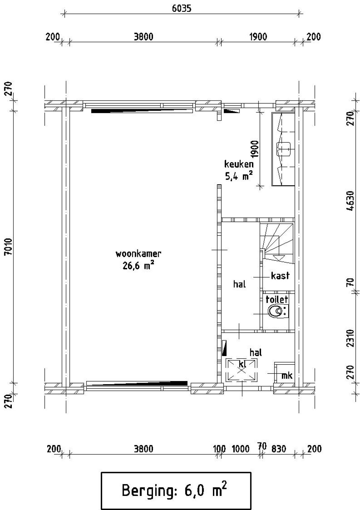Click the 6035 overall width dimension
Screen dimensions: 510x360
(x=181, y=8)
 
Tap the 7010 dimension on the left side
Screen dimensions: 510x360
(x=8, y=247)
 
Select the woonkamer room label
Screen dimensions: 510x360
(x=138, y=254)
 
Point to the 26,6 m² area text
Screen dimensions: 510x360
(x=138, y=265)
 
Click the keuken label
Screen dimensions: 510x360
(x=239, y=164)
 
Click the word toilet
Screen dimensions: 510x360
(x=277, y=299)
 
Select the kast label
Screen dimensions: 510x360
(x=280, y=276)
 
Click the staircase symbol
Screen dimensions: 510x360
(x=277, y=243)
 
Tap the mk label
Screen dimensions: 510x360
(x=287, y=375)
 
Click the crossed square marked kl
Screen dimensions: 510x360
(x=242, y=370)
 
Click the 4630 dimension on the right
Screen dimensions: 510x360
(x=350, y=201)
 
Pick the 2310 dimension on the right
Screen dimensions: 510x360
(x=350, y=338)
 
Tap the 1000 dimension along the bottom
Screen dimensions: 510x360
(x=240, y=449)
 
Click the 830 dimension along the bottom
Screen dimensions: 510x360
(x=278, y=449)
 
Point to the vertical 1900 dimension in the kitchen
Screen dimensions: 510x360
(x=255, y=149)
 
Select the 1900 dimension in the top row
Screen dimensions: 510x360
(x=258, y=37)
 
